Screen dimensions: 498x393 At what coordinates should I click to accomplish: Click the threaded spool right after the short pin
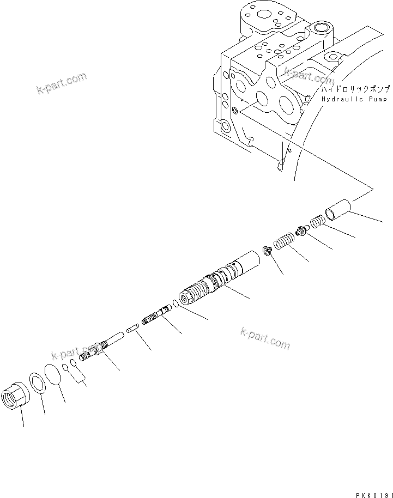156,315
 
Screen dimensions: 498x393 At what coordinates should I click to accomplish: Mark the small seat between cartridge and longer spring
267,251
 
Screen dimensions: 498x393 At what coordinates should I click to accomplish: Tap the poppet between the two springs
300,232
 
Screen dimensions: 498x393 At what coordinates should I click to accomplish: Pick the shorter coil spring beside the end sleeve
318,222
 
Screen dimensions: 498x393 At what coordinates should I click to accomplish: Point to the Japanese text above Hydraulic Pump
354,89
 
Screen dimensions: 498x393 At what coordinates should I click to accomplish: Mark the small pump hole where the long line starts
234,111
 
